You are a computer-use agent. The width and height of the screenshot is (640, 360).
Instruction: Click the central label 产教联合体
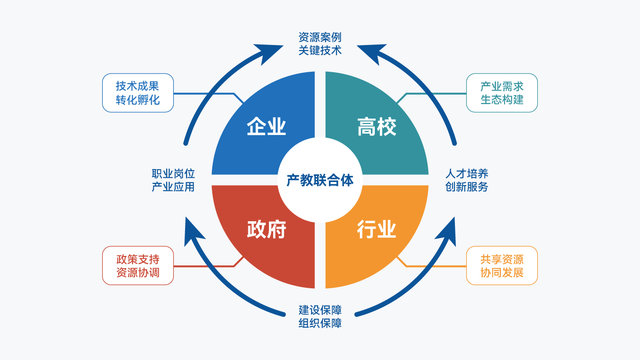[x=320, y=180]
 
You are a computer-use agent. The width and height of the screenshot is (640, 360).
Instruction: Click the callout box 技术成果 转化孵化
[x=138, y=93]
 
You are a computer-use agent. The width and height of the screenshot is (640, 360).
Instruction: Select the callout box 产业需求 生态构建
[x=502, y=93]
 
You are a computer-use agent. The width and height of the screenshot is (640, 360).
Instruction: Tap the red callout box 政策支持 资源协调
[x=138, y=266]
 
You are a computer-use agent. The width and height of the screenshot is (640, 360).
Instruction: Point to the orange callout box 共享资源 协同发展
[x=502, y=266]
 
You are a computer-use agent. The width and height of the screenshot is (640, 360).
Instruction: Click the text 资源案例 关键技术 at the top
[x=320, y=44]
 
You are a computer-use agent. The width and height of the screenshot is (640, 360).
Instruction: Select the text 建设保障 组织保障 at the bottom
[x=320, y=316]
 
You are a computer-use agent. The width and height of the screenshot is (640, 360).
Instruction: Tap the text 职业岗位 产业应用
[x=173, y=180]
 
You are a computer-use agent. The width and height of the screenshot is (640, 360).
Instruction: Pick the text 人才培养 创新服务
[x=467, y=180]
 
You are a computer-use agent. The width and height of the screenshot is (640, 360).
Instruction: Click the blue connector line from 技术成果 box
[x=206, y=94]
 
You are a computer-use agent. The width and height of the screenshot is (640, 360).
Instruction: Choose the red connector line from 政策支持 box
[x=206, y=266]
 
